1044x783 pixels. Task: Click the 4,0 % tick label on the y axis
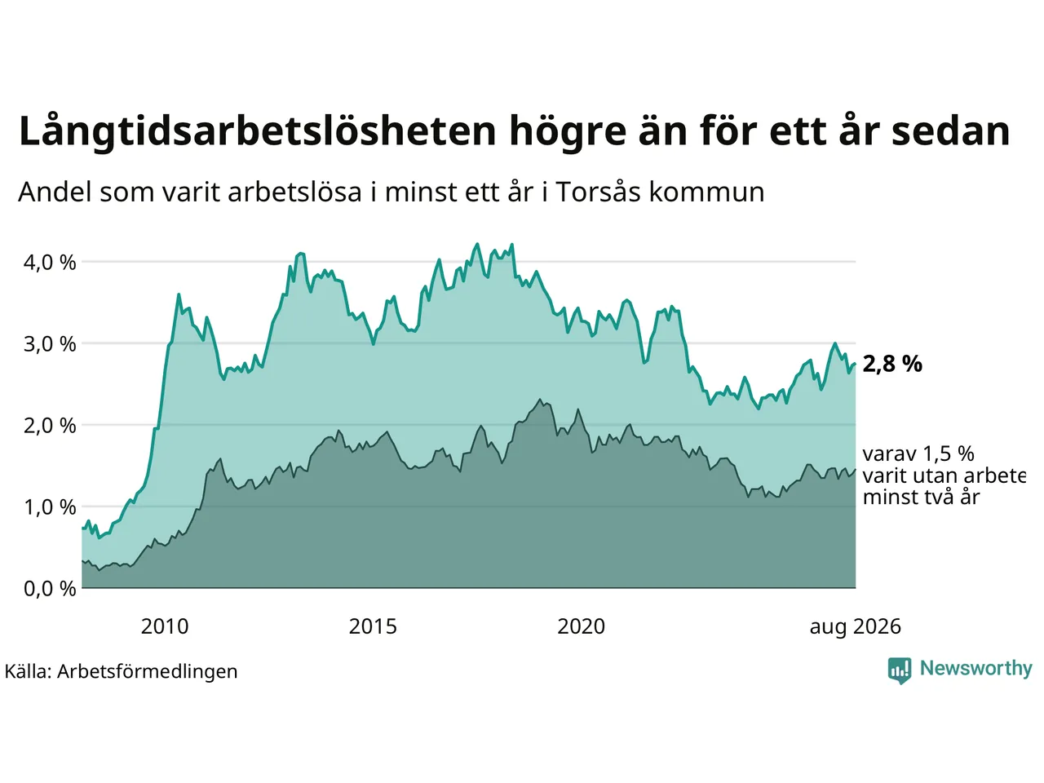[x=50, y=263]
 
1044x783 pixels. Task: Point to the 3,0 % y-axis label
[x=50, y=344]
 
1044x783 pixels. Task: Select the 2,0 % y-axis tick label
[x=50, y=426]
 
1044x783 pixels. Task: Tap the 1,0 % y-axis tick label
[x=50, y=508]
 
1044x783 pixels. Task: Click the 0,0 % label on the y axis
[x=50, y=589]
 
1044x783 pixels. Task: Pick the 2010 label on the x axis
[x=165, y=626]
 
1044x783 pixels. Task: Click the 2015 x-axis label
[x=373, y=626]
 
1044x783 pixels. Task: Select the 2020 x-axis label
[x=581, y=626]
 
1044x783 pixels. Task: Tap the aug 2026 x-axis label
[x=855, y=627]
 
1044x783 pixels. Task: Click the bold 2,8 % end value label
[x=892, y=364]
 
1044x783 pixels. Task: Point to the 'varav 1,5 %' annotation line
[x=918, y=454]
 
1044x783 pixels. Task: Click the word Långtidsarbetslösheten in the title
[x=257, y=131]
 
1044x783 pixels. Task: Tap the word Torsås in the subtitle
[x=598, y=192]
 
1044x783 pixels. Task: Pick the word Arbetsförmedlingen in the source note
[x=147, y=672]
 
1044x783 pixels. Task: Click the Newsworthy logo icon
[x=900, y=670]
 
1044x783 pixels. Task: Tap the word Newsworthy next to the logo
[x=976, y=669]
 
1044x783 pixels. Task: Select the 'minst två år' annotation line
[x=922, y=498]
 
